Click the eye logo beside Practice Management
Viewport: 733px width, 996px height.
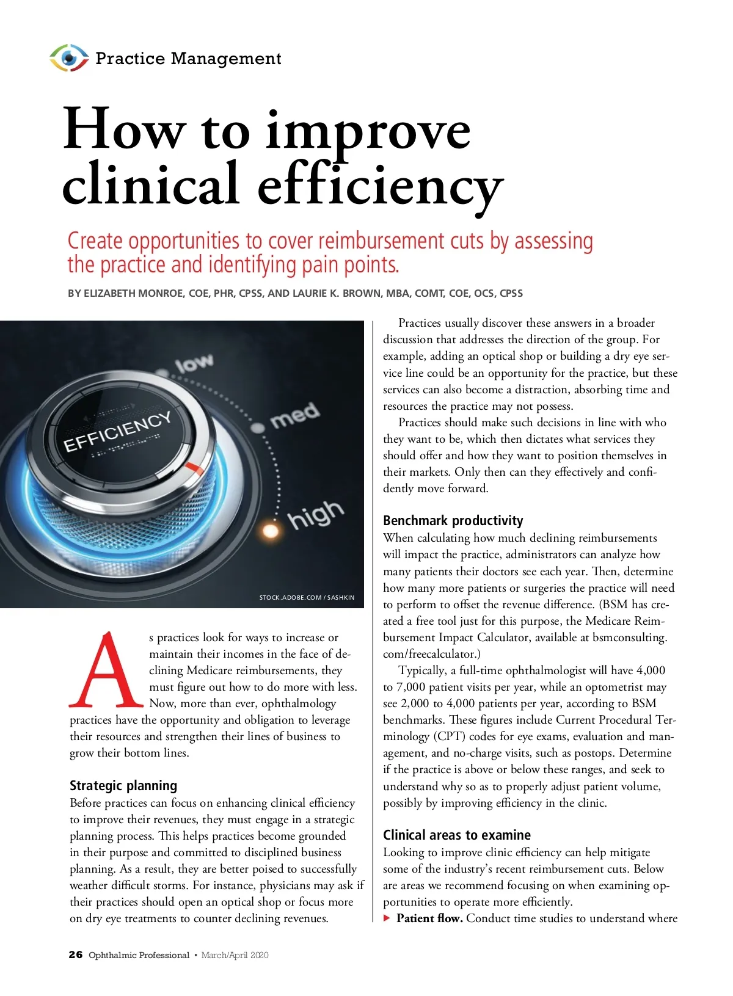[x=68, y=58]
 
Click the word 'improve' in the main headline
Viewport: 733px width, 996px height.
[x=368, y=131]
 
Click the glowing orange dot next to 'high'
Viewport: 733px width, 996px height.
[x=271, y=528]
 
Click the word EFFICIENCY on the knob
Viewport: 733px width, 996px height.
[x=117, y=431]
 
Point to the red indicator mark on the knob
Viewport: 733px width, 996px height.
[x=195, y=469]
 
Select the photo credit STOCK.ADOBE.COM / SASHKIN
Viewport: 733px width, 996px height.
[x=307, y=597]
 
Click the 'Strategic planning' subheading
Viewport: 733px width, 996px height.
[x=123, y=785]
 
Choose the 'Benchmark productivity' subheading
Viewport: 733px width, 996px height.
[x=453, y=520]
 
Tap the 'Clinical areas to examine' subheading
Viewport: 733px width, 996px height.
[x=456, y=835]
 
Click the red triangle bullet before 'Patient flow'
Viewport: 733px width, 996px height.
[x=387, y=918]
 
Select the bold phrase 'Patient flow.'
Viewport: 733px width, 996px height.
[x=429, y=918]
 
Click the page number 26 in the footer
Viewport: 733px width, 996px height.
[x=75, y=954]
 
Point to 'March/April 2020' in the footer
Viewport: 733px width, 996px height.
[x=235, y=955]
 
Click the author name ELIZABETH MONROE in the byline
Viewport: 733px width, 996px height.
[x=133, y=293]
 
